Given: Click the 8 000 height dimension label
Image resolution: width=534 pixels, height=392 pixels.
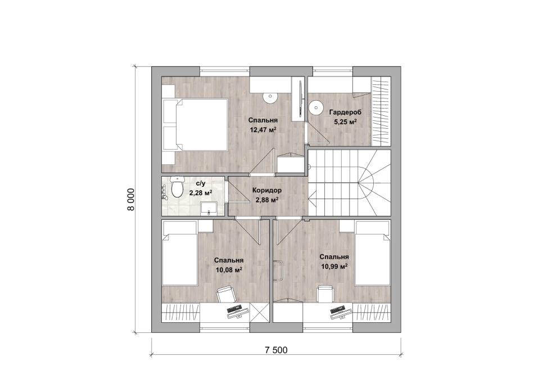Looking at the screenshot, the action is click(131, 200).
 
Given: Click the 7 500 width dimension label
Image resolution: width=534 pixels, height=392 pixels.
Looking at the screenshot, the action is click(276, 350).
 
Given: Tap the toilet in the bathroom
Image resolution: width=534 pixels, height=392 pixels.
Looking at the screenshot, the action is click(177, 187).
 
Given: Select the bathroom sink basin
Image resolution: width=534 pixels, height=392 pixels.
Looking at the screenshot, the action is click(209, 208).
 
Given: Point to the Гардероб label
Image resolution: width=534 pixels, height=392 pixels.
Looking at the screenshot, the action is click(345, 112).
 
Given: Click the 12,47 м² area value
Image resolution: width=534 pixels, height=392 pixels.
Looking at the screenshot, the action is click(263, 129).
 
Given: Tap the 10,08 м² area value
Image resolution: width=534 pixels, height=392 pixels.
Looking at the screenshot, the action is click(229, 270).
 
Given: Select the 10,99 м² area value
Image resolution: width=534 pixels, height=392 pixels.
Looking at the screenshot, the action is click(334, 267).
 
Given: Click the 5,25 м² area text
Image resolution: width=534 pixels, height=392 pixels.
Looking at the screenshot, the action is click(345, 122).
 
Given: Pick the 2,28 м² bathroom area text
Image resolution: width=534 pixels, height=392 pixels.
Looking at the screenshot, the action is click(201, 193).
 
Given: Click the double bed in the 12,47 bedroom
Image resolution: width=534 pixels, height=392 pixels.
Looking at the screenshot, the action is click(195, 124).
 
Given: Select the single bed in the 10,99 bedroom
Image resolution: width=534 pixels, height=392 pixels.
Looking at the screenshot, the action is click(372, 253).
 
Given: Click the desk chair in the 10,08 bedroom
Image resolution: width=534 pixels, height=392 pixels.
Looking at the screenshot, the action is click(225, 294).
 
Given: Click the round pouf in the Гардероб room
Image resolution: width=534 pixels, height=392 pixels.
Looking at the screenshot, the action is click(316, 107).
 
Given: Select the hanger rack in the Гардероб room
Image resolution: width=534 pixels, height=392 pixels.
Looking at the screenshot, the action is click(381, 111).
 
